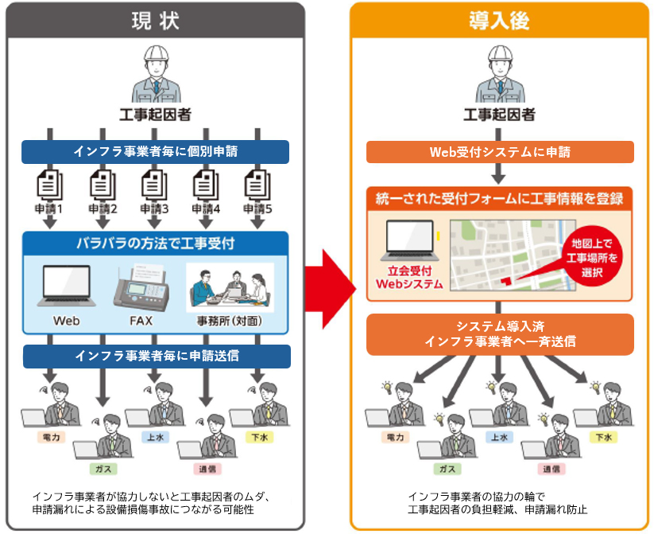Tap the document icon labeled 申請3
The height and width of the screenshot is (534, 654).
click(153, 186)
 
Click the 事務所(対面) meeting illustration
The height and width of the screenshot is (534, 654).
click(229, 286)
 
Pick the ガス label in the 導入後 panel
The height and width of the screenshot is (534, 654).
click(448, 470)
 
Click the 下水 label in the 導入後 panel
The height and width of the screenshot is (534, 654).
click(603, 438)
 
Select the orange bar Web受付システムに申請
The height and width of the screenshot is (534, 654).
click(499, 151)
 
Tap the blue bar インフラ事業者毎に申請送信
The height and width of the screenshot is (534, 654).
click(154, 356)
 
